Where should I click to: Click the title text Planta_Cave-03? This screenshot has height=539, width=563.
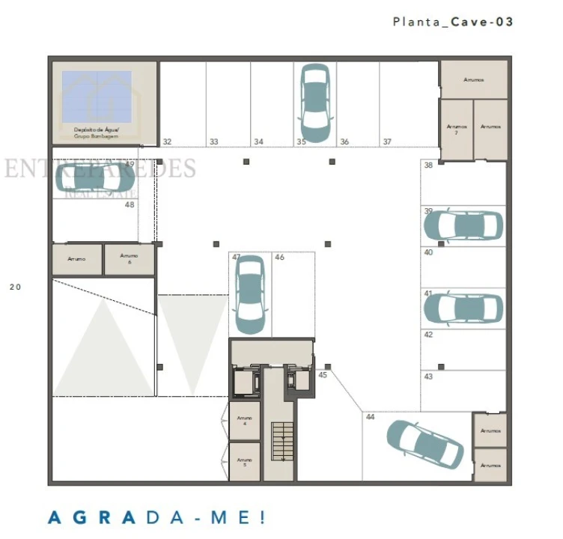point(453,22)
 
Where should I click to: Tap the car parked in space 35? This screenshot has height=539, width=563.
point(315,103)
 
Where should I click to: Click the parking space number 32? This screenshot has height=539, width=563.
point(167,141)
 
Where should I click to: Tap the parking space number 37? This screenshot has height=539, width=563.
point(387,141)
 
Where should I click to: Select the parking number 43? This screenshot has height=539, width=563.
point(428,377)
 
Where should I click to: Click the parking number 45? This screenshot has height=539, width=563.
point(323,375)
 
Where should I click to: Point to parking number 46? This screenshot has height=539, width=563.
point(279,258)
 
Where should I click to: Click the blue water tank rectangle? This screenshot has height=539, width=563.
point(96,97)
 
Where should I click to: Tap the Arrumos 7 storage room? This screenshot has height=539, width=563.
point(456,130)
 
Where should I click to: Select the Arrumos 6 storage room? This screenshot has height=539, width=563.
point(130,259)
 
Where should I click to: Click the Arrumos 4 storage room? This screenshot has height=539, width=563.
point(244,421)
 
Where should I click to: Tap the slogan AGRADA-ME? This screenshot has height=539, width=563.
point(156,517)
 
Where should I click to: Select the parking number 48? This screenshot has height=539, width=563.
point(130,204)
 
